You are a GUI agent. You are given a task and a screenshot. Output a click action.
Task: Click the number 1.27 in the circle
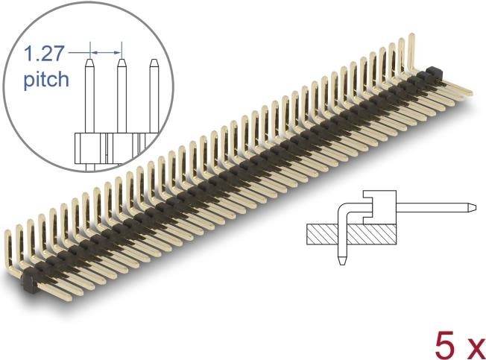[44, 53]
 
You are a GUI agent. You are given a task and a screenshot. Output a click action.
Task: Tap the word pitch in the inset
[46, 79]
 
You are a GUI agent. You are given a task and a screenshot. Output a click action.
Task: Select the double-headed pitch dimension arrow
[106, 53]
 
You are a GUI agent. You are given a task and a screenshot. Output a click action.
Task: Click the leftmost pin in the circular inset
[90, 95]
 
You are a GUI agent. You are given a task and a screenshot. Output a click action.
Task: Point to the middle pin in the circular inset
[121, 95]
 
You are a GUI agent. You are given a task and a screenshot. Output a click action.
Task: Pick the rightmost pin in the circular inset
[154, 95]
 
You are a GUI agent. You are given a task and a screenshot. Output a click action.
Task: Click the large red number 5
[446, 345]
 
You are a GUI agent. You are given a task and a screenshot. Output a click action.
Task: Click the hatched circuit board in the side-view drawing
[352, 234]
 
